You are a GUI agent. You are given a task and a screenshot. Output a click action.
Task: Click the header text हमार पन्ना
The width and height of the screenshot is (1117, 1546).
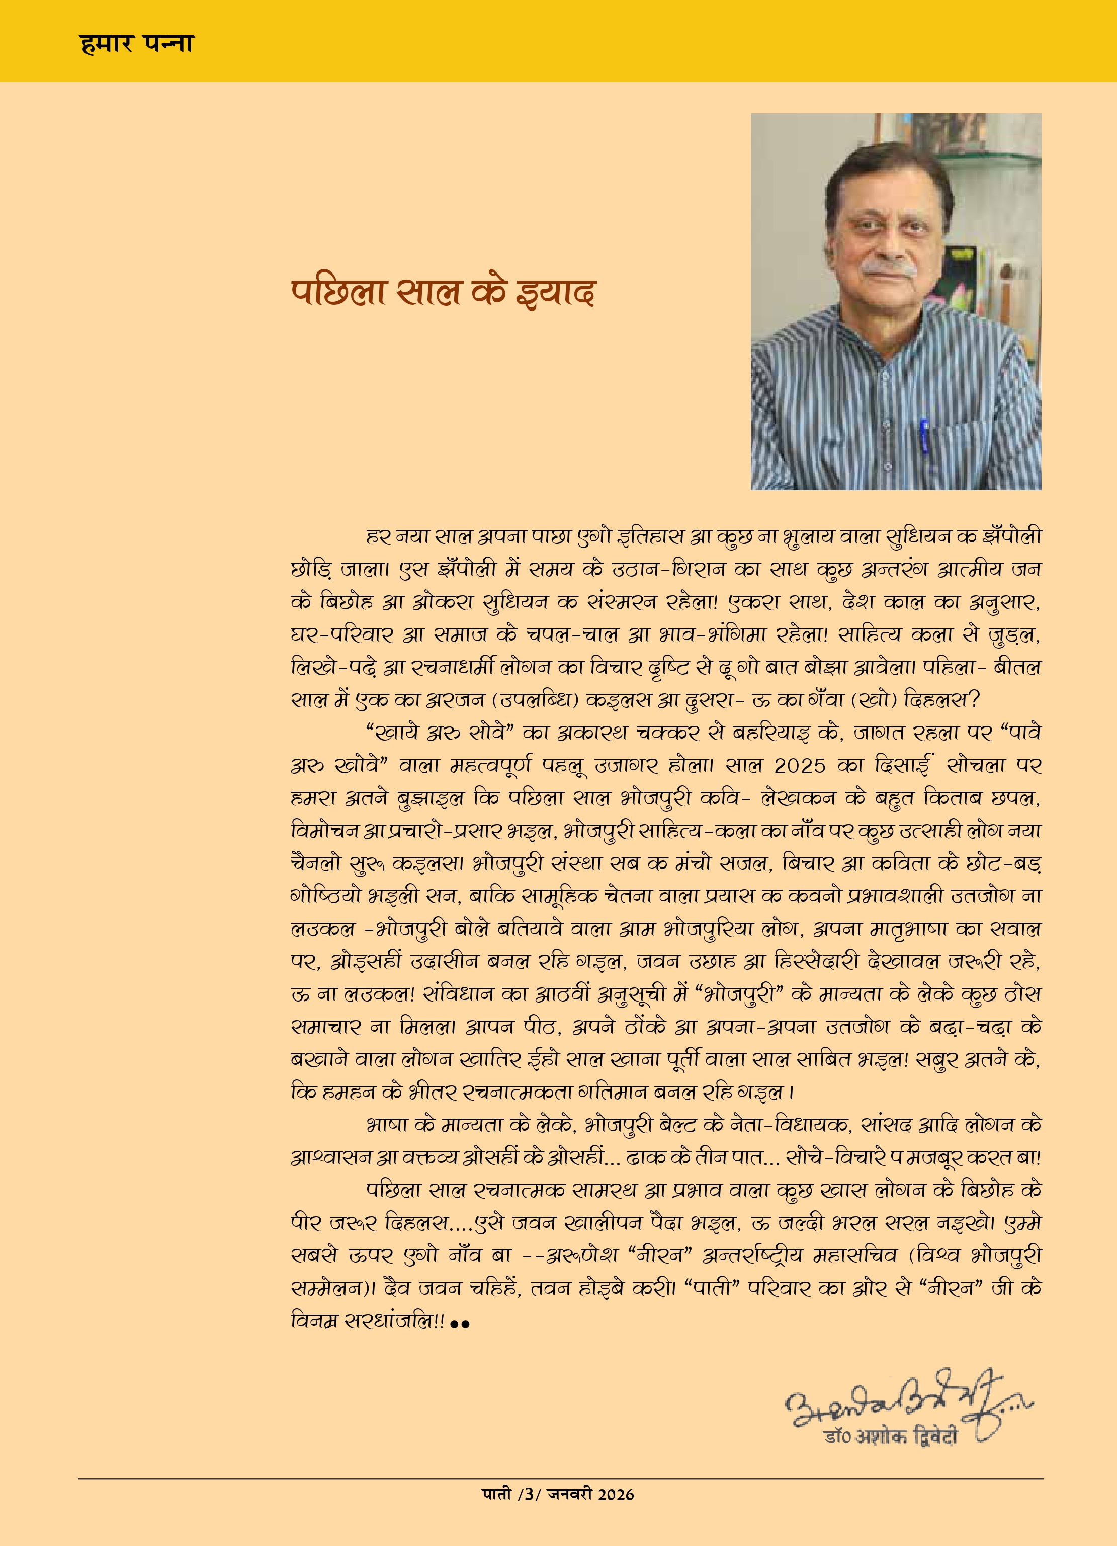136,44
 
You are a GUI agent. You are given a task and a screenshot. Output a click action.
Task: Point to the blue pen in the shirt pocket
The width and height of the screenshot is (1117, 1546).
925,437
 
